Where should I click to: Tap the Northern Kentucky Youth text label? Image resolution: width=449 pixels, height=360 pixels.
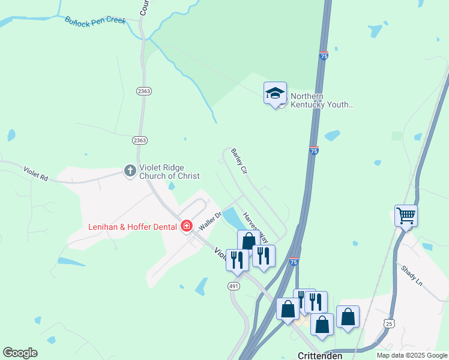322,101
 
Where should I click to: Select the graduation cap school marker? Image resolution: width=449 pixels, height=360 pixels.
275,93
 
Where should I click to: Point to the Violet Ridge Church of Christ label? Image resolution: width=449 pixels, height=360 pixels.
169,172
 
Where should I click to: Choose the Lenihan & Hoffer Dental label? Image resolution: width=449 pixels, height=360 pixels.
132,226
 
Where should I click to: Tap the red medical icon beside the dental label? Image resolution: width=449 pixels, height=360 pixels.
187,226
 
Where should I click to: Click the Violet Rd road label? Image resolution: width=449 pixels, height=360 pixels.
36,173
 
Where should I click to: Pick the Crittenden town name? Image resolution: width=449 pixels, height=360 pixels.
320,355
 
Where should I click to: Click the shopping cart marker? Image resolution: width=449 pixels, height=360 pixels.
406,215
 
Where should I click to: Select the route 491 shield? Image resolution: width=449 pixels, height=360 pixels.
234,287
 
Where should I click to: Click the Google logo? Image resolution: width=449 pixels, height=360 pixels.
20,353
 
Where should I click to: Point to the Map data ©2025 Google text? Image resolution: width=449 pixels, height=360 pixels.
411,355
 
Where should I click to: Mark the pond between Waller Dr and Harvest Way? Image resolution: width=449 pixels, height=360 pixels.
231,218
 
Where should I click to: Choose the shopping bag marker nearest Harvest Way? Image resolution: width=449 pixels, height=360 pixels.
249,241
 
